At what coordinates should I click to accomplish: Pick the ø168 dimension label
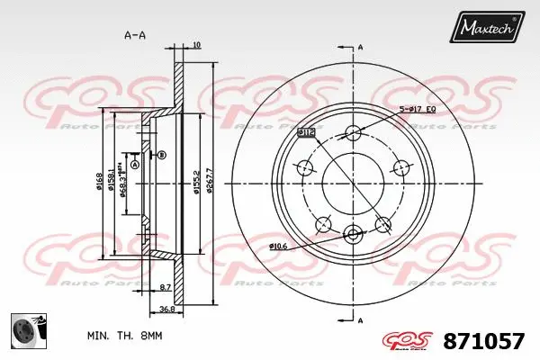pos(99,184)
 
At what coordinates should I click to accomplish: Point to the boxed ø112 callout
pos(306,132)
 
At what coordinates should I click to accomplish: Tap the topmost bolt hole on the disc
pos(353,134)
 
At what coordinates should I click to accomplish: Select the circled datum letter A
pos(135,165)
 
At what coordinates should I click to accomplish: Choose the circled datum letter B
pos(162,156)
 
